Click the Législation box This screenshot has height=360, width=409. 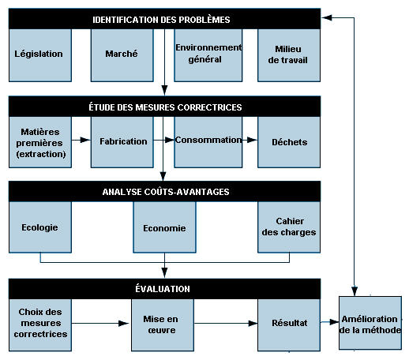tap(40, 55)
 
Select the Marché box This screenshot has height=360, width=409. tap(122, 55)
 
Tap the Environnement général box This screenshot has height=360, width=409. tap(208, 55)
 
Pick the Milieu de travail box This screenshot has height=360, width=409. tap(289, 55)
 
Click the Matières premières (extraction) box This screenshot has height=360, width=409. tap(40, 142)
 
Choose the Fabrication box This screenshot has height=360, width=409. tap(122, 142)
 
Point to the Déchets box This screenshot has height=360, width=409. tap(289, 142)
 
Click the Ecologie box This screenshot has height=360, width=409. tap(40, 227)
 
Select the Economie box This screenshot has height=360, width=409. tap(164, 227)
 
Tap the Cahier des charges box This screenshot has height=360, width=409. tap(289, 227)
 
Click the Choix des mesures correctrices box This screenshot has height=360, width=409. tap(40, 324)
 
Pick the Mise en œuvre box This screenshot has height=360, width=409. tap(163, 324)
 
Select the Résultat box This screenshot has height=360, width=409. tap(289, 324)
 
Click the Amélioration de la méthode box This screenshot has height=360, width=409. tap(370, 323)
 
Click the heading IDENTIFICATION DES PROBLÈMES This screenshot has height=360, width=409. tap(161, 20)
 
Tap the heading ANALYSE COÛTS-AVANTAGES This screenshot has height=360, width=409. tap(166, 192)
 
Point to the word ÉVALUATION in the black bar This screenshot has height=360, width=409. tap(163, 289)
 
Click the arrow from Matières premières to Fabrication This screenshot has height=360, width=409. tap(81, 140)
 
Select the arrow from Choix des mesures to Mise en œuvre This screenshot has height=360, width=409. tap(100, 323)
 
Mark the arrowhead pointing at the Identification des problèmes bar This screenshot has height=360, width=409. tap(327, 17)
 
